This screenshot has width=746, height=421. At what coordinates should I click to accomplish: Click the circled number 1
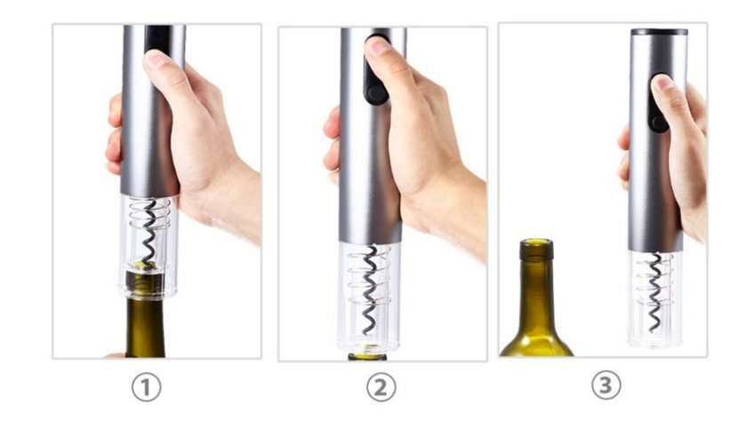coord(148,387)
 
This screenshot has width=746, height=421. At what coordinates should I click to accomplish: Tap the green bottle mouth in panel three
coord(536,248)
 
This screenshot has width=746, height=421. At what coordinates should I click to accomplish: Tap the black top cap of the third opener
coord(659,32)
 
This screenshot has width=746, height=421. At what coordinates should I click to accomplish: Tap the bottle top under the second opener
coord(368,356)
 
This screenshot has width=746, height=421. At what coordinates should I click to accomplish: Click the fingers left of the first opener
coord(114,133)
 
